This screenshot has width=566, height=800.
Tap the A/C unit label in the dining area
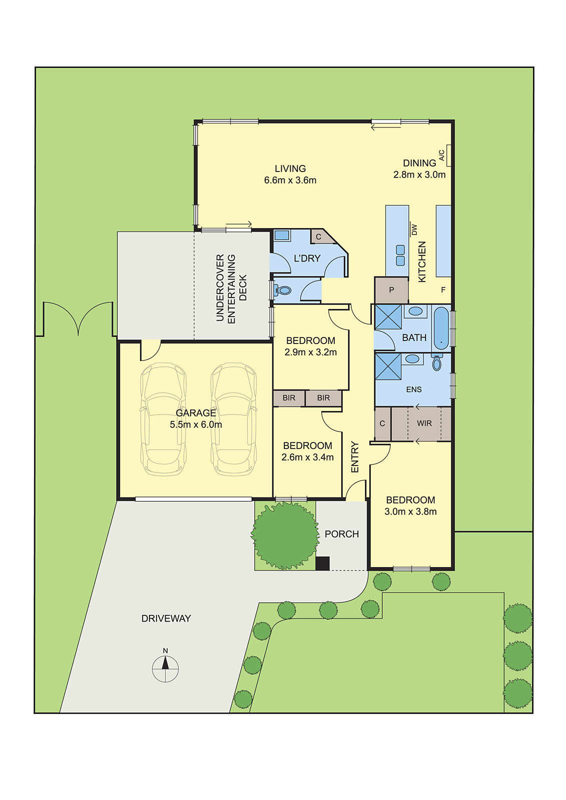[441, 155]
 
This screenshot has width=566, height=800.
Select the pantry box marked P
[391, 290]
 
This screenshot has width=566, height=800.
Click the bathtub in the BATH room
[441, 328]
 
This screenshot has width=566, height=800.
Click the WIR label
[424, 423]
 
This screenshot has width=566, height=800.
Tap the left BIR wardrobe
[289, 398]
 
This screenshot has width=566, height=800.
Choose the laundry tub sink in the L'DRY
[282, 235]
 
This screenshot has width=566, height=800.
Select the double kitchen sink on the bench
[400, 255]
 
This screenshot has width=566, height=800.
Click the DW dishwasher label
[414, 229]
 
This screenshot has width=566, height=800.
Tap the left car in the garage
[163, 419]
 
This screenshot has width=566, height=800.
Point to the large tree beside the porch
[285, 535]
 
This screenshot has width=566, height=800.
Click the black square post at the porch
[322, 563]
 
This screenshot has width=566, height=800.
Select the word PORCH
[342, 534]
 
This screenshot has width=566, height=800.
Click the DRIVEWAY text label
[166, 618]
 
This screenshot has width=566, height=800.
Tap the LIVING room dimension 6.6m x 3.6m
[290, 180]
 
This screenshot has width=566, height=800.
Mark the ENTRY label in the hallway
[355, 456]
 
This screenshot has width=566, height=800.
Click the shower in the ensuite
[388, 366]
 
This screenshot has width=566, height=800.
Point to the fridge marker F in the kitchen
[443, 290]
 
